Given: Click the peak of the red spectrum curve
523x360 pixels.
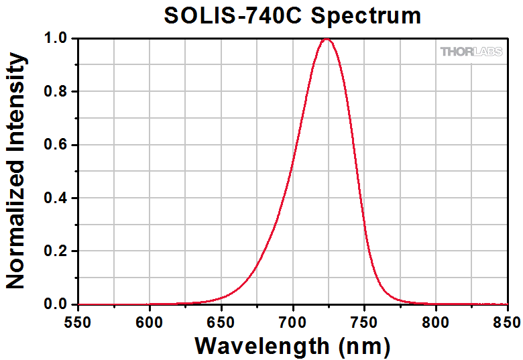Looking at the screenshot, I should [327, 39].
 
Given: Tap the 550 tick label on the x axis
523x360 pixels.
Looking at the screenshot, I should [78, 321].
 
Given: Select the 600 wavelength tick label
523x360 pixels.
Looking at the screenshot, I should [150, 321].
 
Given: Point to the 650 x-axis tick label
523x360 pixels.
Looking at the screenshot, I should [221, 321].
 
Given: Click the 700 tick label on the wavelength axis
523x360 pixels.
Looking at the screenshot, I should [293, 321].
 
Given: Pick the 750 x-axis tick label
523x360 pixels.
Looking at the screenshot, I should [364, 321].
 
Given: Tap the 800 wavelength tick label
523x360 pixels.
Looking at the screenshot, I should [436, 321].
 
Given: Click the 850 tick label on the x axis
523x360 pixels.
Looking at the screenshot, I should [506, 321].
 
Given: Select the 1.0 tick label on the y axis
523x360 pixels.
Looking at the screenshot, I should [55, 39].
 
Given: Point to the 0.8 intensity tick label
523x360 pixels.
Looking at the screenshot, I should [55, 92].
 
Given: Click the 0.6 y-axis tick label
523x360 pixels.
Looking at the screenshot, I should [55, 145].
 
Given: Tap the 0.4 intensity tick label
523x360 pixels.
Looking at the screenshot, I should [55, 198].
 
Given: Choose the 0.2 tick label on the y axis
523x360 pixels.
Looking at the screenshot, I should [55, 251].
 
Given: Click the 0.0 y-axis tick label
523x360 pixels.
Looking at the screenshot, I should [55, 304].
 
